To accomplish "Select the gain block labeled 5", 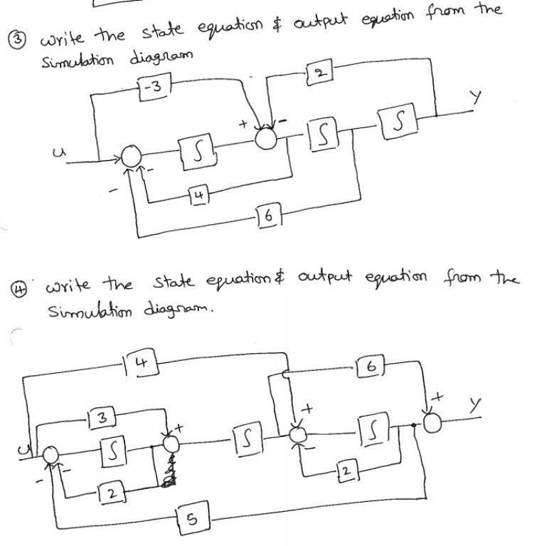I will pyautogui.click(x=188, y=522).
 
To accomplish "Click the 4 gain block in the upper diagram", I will pyautogui.click(x=200, y=193).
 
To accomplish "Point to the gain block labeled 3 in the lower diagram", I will pyautogui.click(x=103, y=415).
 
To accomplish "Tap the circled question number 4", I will pyautogui.click(x=12, y=289).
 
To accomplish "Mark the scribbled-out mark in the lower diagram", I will pyautogui.click(x=169, y=473).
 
